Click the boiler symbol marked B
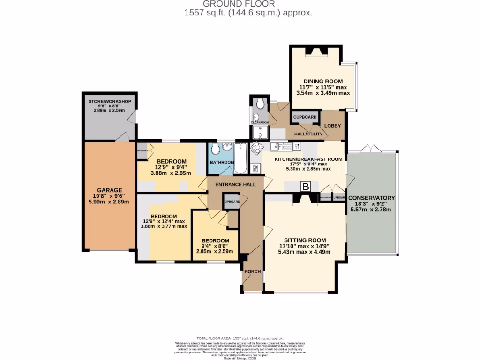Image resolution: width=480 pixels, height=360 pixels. click(x=306, y=187)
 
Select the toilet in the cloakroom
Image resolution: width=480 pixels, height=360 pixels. click(x=261, y=104)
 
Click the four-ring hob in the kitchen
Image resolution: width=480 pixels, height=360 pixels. click(x=257, y=148)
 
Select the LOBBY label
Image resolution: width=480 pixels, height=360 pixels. click(x=333, y=126)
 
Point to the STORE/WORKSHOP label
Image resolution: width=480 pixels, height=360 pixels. click(x=110, y=101)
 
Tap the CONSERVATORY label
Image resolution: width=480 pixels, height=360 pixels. click(x=372, y=198)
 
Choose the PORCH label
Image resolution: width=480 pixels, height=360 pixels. click(x=253, y=271)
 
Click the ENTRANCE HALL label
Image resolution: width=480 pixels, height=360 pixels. click(x=235, y=184)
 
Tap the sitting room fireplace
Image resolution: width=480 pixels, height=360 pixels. click(x=305, y=200)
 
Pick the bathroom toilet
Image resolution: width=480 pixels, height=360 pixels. click(x=215, y=150)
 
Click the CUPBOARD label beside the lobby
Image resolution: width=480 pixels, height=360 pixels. click(x=305, y=117)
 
